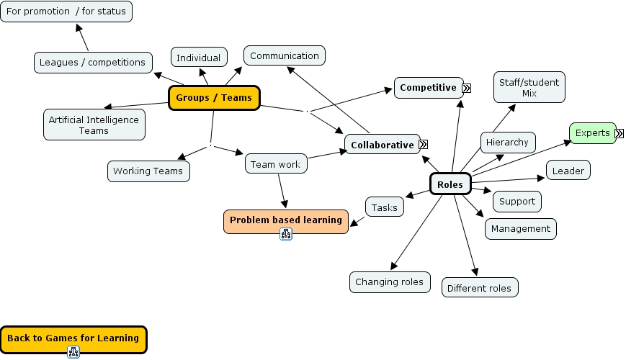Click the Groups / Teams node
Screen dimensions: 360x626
(x=213, y=98)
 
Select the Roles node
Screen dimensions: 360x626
(x=450, y=185)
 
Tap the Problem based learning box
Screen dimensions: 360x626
(x=285, y=220)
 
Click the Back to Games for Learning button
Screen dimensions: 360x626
(x=73, y=338)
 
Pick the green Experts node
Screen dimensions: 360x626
(x=592, y=133)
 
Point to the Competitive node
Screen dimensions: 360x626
(x=428, y=88)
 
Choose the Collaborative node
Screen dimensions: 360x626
(x=382, y=145)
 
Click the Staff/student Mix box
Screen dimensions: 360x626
(x=529, y=87)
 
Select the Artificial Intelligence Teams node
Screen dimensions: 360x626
(x=94, y=125)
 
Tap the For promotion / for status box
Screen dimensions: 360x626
(x=66, y=12)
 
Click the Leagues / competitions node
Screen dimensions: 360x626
(x=93, y=63)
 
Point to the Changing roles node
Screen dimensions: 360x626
(x=390, y=282)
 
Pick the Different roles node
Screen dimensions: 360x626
(x=479, y=288)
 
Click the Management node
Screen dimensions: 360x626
(x=520, y=229)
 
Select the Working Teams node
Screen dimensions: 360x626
(x=148, y=171)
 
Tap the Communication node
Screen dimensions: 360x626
(x=284, y=56)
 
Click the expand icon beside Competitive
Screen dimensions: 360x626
(x=466, y=88)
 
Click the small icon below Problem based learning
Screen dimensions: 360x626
(x=286, y=234)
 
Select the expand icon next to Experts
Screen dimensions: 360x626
(x=619, y=133)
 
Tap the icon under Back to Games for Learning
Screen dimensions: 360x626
(x=73, y=352)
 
